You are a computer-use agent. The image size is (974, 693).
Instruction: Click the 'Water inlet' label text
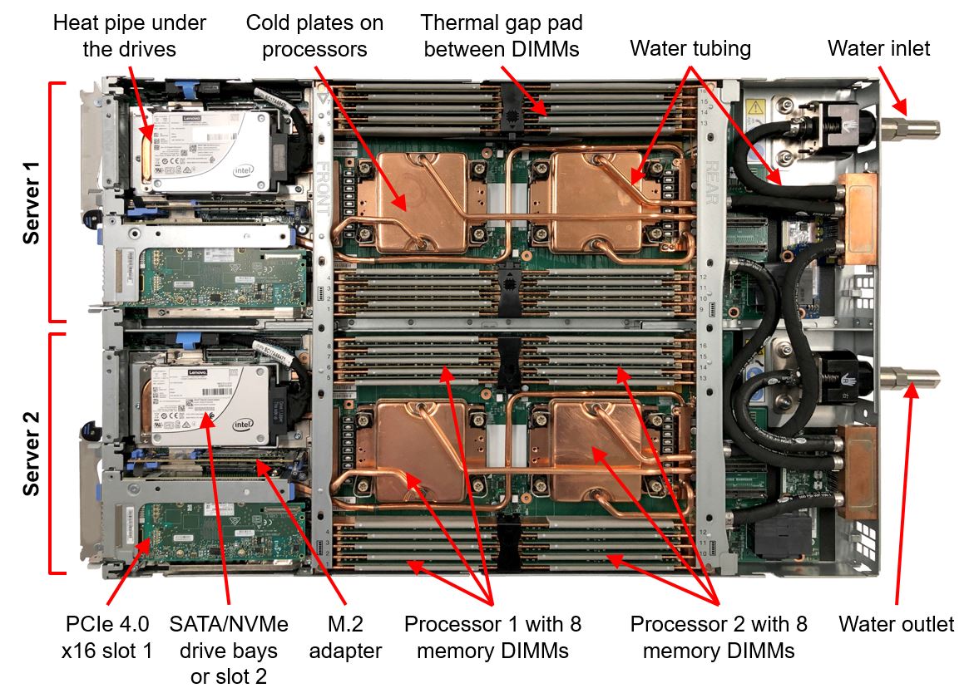pyautogui.click(x=878, y=48)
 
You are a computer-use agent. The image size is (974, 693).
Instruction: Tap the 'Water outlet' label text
pyautogui.click(x=896, y=624)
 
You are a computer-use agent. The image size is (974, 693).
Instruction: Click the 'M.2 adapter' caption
pyautogui.click(x=345, y=637)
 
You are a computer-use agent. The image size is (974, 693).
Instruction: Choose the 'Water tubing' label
pyautogui.click(x=690, y=48)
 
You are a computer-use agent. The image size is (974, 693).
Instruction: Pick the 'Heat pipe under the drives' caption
pyautogui.click(x=130, y=36)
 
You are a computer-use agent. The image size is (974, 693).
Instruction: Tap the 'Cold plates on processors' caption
pyautogui.click(x=314, y=36)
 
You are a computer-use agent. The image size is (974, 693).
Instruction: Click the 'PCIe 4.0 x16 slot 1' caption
pyautogui.click(x=108, y=637)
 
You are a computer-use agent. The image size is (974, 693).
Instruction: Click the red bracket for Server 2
pyautogui.click(x=52, y=453)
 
